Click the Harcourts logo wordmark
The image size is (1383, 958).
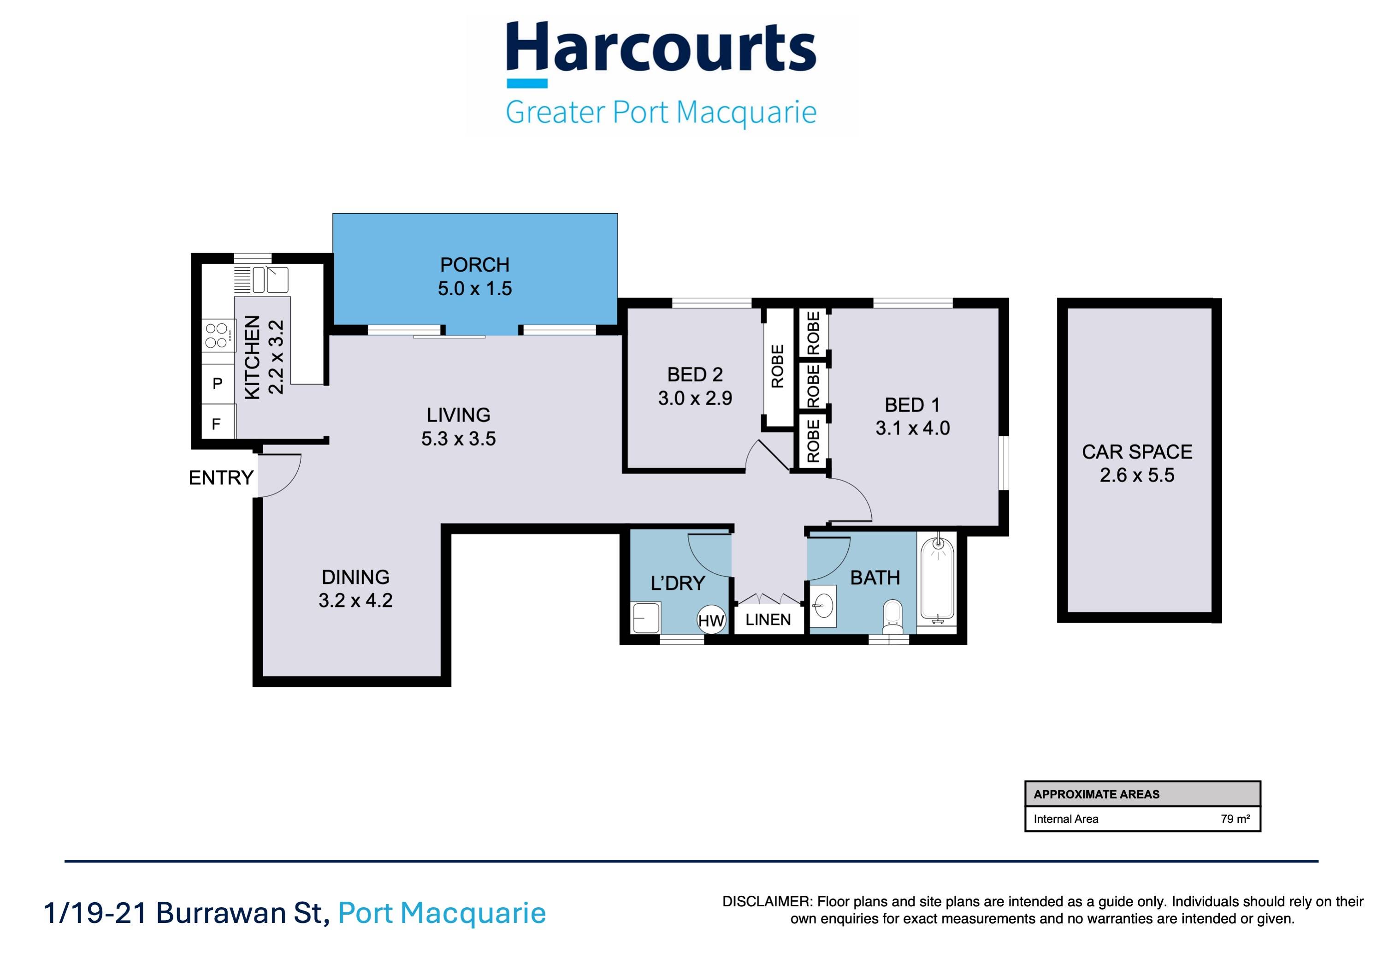coord(661,48)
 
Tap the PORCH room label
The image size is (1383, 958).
coord(475,265)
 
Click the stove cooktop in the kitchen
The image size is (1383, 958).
coord(216,335)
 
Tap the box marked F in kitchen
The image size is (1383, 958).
coord(217,424)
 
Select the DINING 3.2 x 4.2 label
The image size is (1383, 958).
coord(355,588)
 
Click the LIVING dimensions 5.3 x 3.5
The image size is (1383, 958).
coord(458,439)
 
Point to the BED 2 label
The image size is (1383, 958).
coord(695,375)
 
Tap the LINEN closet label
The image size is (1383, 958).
coord(768,620)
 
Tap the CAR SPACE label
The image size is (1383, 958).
coord(1137,452)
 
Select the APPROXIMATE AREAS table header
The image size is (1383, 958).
coord(1096,794)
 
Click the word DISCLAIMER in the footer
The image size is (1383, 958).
coord(767,902)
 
